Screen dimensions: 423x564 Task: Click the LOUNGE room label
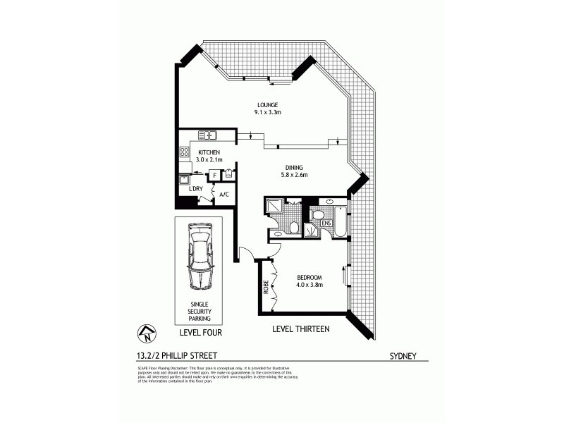coord(266,104)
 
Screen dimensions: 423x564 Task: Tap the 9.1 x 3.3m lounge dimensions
coord(266,111)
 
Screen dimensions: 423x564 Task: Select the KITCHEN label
coord(209,152)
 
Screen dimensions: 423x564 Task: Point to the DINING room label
coord(295,167)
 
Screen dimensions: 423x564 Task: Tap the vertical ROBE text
coord(266,287)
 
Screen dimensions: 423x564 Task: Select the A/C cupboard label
coord(223,195)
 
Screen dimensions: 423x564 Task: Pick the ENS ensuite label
coord(326,223)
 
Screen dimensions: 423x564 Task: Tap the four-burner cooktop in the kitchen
coord(185,151)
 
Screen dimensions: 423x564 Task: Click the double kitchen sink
coord(210,135)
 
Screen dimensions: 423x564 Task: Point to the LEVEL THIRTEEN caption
coord(301,329)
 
